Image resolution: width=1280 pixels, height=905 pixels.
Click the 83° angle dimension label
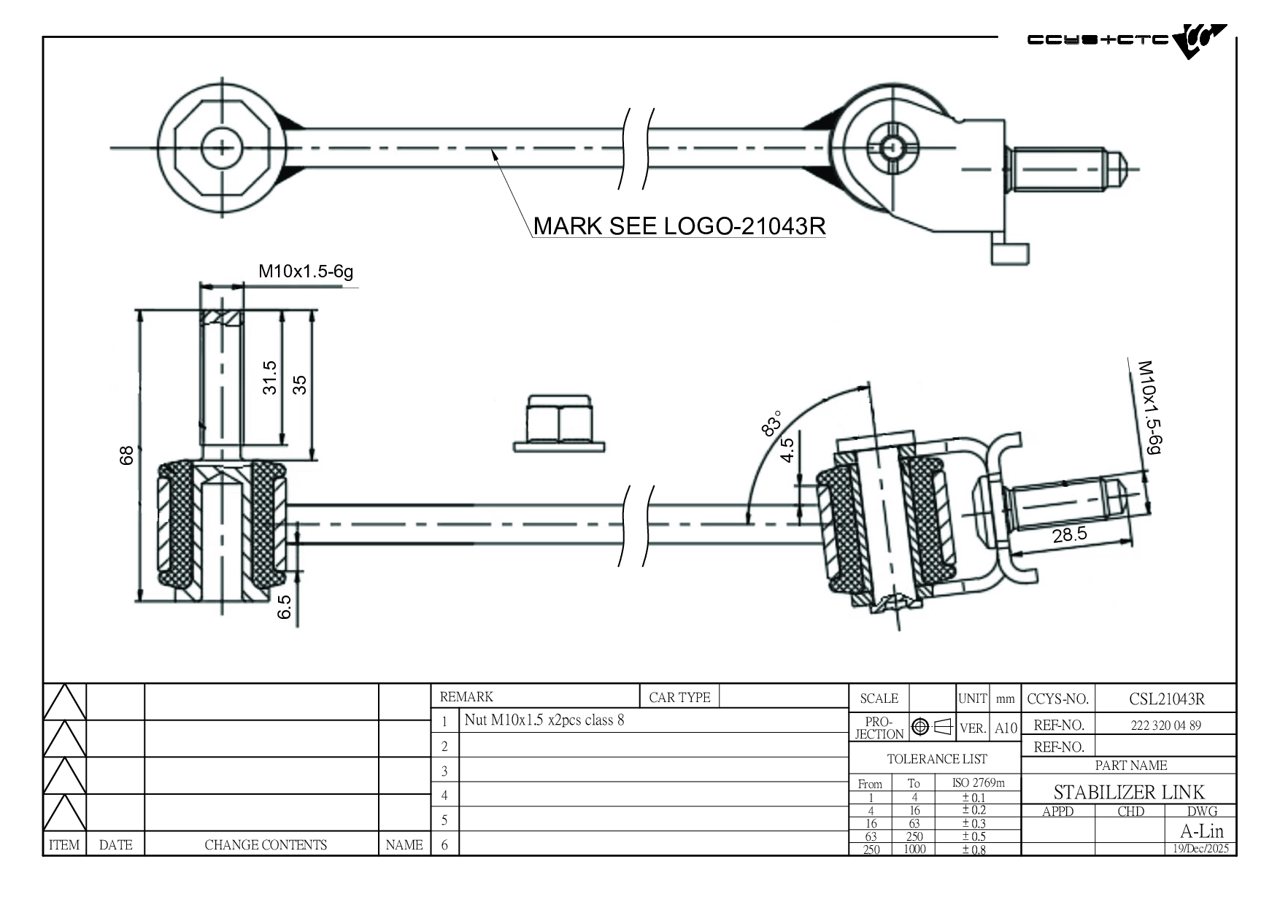coord(771,423)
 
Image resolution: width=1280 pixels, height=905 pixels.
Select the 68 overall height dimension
coord(127,455)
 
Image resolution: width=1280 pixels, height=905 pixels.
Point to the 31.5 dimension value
coord(270,377)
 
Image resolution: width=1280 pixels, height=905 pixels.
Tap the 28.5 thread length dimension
coord(1069,535)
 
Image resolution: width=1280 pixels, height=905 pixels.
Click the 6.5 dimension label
coord(285,607)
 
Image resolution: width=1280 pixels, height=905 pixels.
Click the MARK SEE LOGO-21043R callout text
coord(679,226)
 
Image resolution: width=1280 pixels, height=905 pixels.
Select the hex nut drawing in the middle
coord(559,424)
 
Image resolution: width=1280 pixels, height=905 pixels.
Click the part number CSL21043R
coord(1166,699)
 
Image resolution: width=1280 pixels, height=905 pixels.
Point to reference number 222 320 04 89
coord(1165,725)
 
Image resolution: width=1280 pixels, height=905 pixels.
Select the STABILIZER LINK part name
coord(1129,792)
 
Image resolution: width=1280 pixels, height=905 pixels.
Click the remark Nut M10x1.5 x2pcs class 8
coord(544,720)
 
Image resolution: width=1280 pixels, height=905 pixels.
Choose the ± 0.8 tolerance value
coord(974,850)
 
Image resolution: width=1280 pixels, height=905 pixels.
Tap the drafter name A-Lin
coord(1201,831)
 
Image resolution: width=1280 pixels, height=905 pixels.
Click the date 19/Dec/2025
coord(1200,849)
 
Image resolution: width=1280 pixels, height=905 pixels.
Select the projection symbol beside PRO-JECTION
coord(932,727)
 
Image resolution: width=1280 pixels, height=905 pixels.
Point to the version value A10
coord(1006,728)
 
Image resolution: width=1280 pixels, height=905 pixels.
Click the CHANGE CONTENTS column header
coord(266,845)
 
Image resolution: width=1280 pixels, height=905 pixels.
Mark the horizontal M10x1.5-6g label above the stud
coord(306,271)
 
